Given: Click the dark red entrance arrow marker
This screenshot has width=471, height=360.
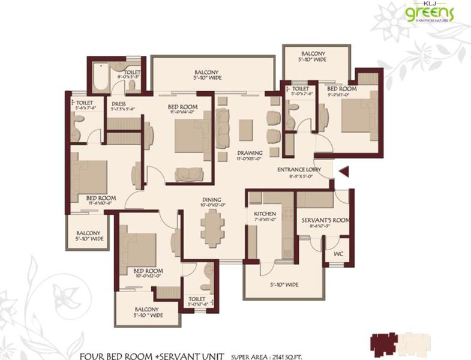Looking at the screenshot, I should point(344,172).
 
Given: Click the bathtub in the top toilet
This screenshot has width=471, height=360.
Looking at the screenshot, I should point(99,77).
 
